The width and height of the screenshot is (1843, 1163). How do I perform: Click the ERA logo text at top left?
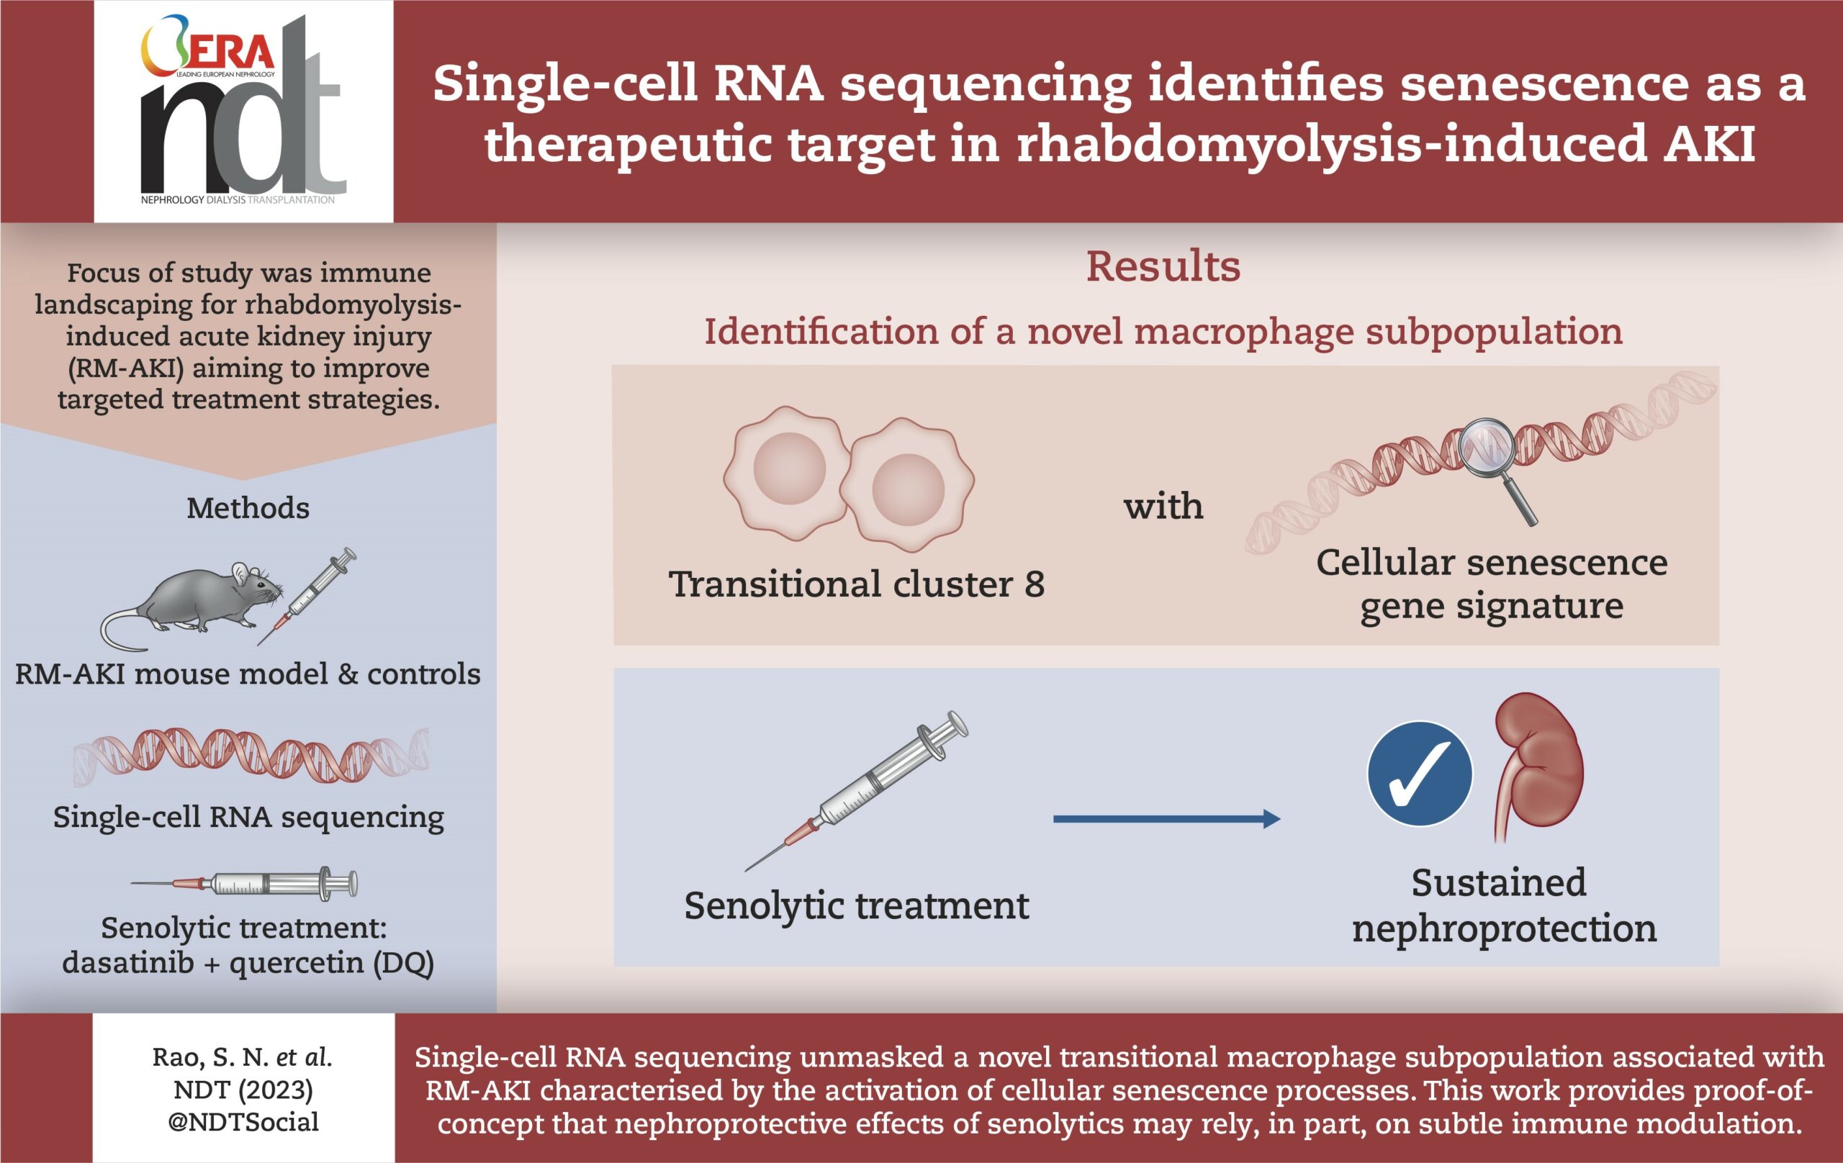[230, 52]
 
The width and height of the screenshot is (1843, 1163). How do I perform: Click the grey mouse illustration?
[203, 601]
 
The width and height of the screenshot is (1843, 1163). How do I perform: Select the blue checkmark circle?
[1420, 774]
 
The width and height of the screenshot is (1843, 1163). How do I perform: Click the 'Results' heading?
[1163, 267]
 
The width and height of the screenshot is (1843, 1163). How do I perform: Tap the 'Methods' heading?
[248, 508]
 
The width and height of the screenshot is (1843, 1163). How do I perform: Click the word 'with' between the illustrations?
[1163, 507]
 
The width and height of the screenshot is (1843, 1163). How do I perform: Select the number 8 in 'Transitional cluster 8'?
[1034, 584]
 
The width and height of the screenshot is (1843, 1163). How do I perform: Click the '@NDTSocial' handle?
[243, 1122]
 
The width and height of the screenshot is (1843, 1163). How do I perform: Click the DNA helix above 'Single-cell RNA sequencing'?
[251, 755]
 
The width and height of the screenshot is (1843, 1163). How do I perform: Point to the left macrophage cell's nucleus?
[789, 469]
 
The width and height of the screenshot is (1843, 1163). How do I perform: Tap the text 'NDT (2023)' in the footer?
[243, 1090]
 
